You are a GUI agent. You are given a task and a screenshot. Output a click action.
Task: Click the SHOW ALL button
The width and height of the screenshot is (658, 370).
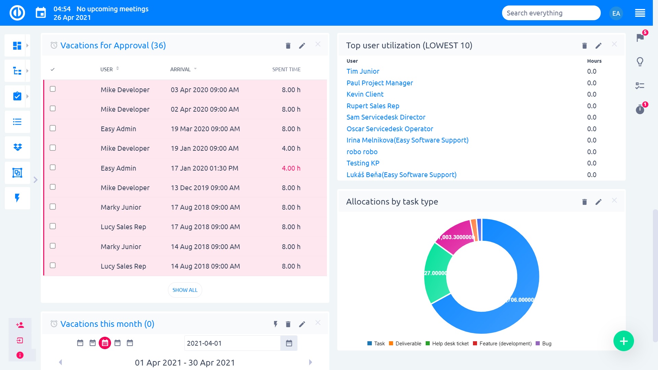(x=185, y=290)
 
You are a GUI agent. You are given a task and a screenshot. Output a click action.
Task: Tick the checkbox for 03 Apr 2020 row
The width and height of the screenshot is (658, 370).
(x=53, y=89)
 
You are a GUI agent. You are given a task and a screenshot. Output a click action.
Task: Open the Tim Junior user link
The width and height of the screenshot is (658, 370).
(x=363, y=71)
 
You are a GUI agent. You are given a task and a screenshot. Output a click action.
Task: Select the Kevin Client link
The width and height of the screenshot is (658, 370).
(x=365, y=94)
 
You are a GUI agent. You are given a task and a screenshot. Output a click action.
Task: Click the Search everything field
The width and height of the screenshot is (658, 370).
(x=551, y=13)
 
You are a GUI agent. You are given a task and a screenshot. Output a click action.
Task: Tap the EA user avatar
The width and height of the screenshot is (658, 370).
(x=616, y=13)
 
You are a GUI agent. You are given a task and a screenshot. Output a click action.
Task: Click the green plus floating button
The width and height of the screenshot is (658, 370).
(x=623, y=341)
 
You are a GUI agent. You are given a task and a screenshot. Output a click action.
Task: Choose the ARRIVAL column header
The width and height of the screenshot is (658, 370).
(x=180, y=69)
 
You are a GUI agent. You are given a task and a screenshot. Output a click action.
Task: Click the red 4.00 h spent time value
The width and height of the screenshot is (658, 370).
(x=291, y=168)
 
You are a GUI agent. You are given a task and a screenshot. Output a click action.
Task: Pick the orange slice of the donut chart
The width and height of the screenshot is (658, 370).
(x=474, y=230)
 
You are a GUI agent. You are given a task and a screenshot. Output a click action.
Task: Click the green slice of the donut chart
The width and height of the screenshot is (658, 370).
(x=437, y=274)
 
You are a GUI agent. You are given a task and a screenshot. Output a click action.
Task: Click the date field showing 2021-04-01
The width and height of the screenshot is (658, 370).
(x=232, y=343)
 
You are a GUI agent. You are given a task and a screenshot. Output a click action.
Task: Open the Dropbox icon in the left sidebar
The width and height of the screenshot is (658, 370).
(x=17, y=147)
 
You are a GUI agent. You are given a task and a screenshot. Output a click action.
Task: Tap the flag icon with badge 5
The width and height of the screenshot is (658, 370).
(x=640, y=37)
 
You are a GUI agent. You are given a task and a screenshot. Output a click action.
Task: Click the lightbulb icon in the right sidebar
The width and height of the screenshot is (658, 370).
(x=640, y=62)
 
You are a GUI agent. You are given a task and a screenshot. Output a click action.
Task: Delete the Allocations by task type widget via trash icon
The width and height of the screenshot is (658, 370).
(x=584, y=202)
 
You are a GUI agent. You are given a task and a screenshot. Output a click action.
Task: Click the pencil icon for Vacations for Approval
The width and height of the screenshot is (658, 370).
(x=302, y=46)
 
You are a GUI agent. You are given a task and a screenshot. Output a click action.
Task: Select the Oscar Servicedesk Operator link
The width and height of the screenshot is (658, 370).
(x=390, y=129)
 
